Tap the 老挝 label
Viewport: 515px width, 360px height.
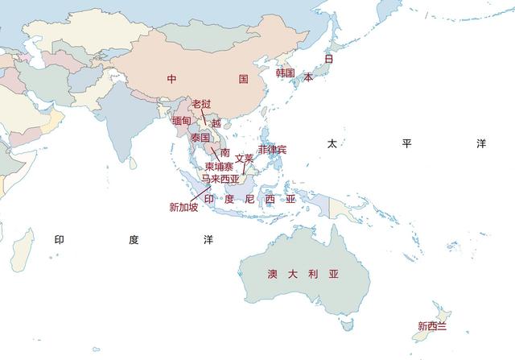[201, 105]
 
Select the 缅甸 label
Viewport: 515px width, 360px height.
[182, 121]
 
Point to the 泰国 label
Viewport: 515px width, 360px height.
[200, 138]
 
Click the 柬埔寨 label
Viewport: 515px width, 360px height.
[219, 167]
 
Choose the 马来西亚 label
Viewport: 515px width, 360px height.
[220, 179]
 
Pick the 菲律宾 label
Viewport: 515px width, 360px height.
[273, 150]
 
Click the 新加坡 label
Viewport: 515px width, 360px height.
[183, 207]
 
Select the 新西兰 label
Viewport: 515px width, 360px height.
[432, 326]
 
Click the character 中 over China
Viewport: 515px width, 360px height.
[171, 79]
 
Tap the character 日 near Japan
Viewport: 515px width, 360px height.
[328, 58]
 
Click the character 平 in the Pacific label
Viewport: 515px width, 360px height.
[406, 143]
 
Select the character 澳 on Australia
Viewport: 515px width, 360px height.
[272, 274]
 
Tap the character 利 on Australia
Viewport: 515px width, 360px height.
[314, 274]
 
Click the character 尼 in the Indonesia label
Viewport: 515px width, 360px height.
[249, 198]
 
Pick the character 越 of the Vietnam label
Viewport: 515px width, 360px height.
[216, 123]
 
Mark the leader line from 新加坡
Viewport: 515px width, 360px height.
[200, 193]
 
